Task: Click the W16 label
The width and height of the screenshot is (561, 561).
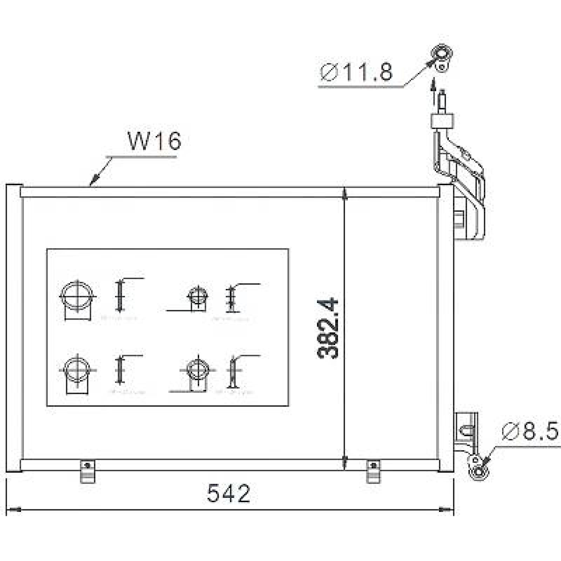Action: coord(154,141)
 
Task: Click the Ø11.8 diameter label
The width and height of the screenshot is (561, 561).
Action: coord(356,73)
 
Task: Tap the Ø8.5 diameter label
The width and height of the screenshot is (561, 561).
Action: coord(529,431)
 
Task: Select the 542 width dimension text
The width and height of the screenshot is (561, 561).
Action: coord(229,493)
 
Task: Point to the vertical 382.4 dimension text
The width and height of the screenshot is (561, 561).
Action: coord(328,328)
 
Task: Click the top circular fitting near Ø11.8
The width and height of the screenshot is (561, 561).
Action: coord(442,55)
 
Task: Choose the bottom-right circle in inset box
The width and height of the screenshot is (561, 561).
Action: coord(198,370)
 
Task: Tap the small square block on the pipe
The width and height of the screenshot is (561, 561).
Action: coord(442,121)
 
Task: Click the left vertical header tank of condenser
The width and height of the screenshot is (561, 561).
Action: coord(14,328)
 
